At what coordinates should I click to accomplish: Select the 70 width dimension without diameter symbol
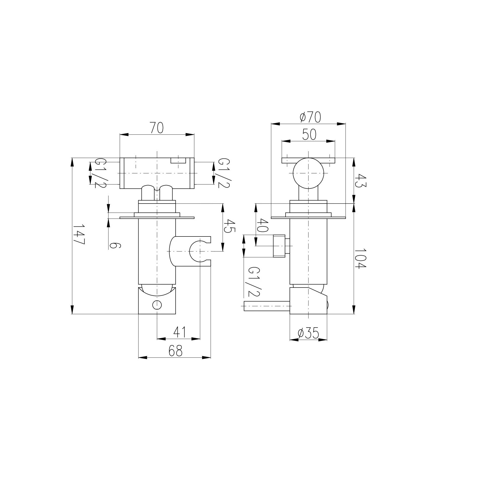point(157,128)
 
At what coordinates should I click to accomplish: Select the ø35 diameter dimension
point(308,333)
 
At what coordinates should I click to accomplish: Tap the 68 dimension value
point(175,351)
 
